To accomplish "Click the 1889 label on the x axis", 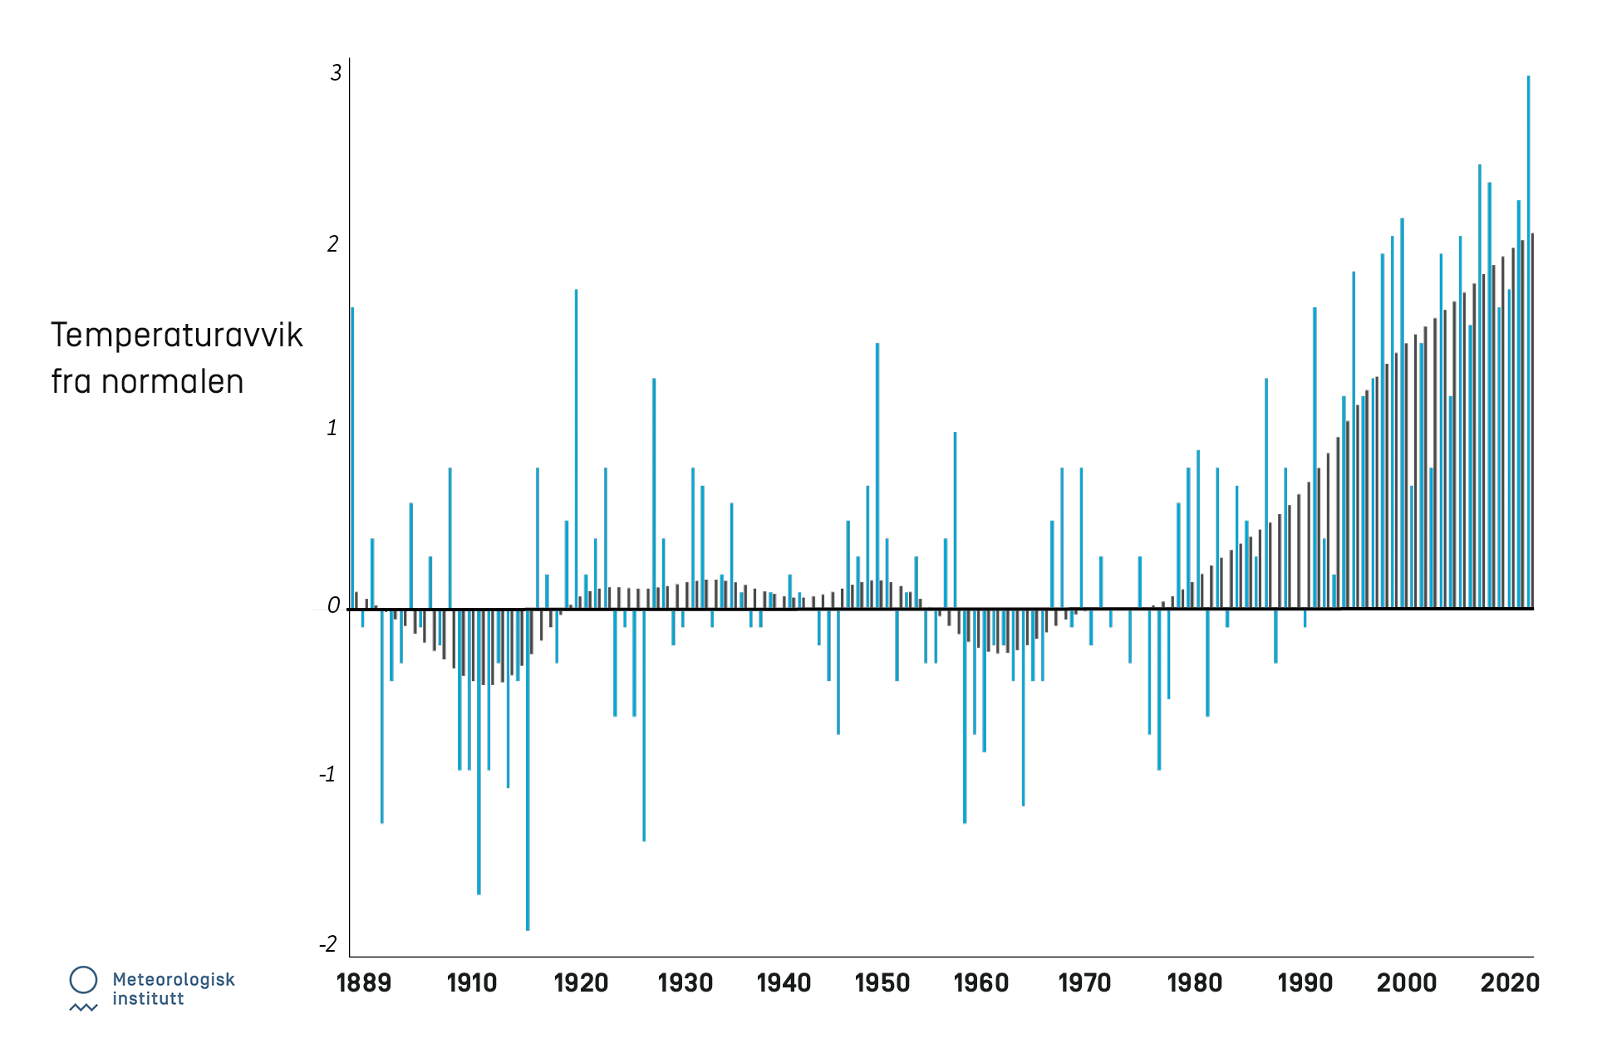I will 363,983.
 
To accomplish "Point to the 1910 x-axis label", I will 471,983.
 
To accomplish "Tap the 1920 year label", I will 581,983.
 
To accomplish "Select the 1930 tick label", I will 686,983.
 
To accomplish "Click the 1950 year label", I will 882,983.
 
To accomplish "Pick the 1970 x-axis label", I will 1084,983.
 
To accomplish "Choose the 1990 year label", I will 1305,983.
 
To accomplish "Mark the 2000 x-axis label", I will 1407,983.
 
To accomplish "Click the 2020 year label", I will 1510,983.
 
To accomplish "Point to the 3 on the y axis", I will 336,73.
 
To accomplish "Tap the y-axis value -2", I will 329,944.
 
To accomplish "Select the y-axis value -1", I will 328,775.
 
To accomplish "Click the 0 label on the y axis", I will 334,606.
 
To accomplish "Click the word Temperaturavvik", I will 177,335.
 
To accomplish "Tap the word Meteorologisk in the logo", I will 174,980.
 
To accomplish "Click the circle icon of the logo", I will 83,980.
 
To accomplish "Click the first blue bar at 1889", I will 352,457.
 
